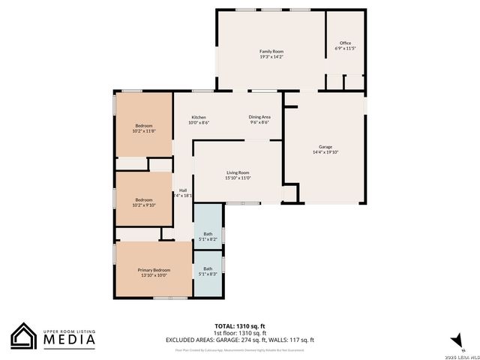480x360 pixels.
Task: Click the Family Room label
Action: coord(271,51)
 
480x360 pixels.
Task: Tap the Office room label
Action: coord(345,43)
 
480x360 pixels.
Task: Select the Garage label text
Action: coord(325,146)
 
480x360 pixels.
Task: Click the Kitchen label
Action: coord(199,117)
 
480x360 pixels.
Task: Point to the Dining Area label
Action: coord(259,117)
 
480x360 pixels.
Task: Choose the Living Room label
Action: coord(238,172)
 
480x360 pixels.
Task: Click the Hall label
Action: coord(183,190)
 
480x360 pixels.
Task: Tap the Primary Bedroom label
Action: coord(154,270)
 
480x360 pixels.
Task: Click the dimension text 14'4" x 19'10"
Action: coord(325,151)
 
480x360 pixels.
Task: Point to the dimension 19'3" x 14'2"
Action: coord(271,56)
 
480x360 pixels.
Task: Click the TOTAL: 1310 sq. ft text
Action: coord(240,326)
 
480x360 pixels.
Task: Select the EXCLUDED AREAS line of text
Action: coord(240,340)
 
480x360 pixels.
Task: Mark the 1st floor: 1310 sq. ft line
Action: coord(240,333)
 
